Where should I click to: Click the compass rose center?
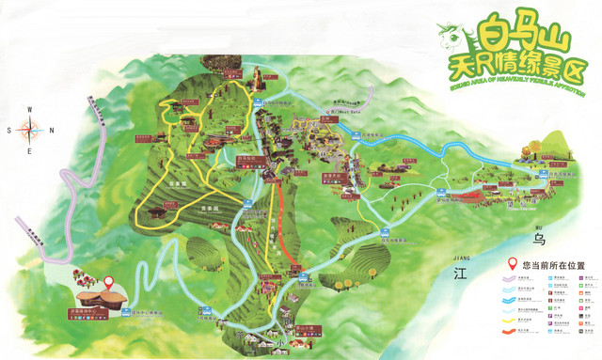pyautogui.click(x=29, y=131)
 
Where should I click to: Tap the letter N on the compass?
pyautogui.click(x=51, y=131)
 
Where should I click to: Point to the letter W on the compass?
pyautogui.click(x=29, y=111)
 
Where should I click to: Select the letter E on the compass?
pyautogui.click(x=29, y=151)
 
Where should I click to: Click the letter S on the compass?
pyautogui.click(x=8, y=131)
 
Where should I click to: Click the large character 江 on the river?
pyautogui.click(x=460, y=275)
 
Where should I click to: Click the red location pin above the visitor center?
pyautogui.click(x=108, y=283)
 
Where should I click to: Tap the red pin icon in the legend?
pyautogui.click(x=513, y=264)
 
